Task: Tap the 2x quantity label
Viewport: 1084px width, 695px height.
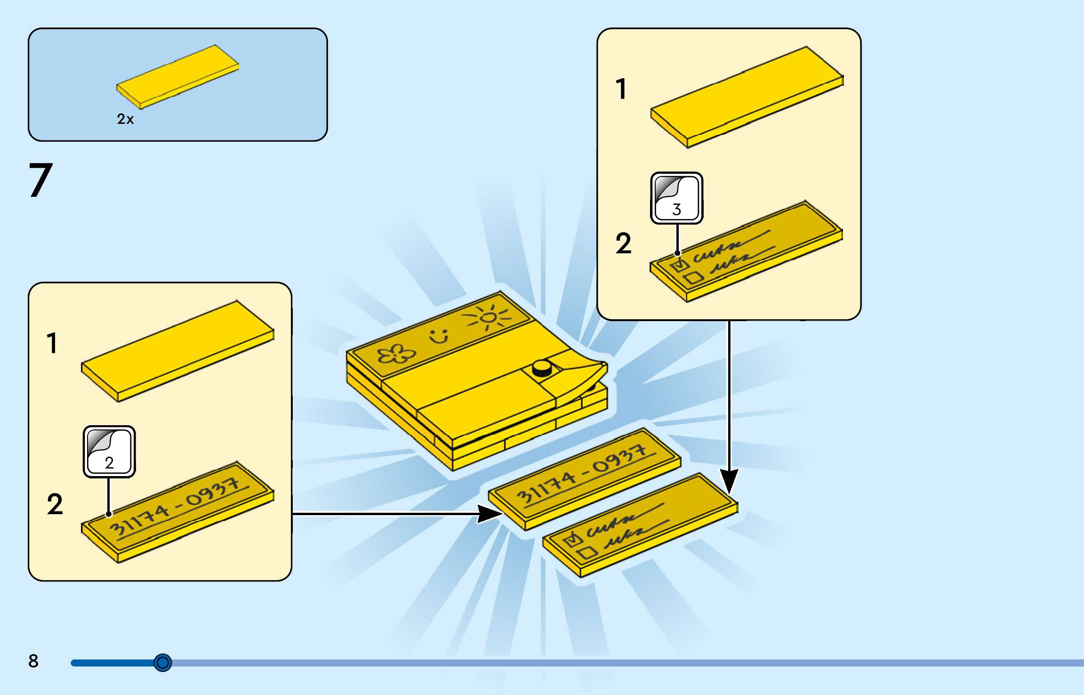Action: (x=125, y=119)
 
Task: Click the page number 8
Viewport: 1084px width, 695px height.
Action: (x=33, y=661)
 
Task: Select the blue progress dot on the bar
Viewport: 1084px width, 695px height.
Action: (x=163, y=663)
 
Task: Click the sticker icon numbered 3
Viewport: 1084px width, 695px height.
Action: (x=676, y=198)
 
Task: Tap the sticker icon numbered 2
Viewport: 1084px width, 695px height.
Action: (x=109, y=452)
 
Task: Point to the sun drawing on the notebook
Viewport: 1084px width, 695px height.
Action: (x=489, y=317)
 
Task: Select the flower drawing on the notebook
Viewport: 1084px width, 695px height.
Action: (x=396, y=354)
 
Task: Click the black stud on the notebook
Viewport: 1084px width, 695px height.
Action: (x=542, y=368)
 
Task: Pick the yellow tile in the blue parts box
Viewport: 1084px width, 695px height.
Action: (x=178, y=76)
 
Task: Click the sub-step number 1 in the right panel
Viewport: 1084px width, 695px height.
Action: (x=621, y=89)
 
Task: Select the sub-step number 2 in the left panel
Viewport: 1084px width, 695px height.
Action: (x=55, y=504)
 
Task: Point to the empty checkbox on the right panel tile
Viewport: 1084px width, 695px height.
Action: (x=693, y=278)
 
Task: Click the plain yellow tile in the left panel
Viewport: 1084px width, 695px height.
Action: (x=178, y=351)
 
